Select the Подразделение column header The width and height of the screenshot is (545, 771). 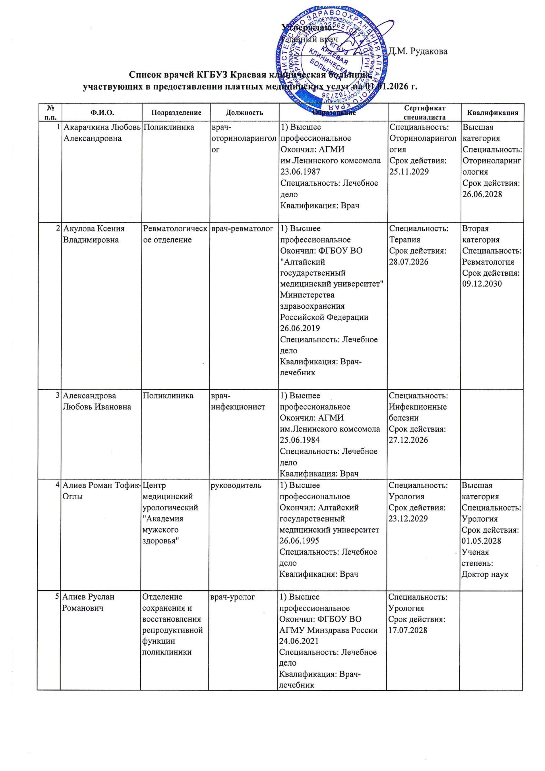click(x=176, y=113)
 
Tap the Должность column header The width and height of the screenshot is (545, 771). click(x=244, y=113)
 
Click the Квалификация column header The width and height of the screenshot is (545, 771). click(x=492, y=113)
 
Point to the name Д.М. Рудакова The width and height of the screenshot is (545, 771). click(x=418, y=51)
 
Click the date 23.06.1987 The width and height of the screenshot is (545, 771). click(x=300, y=172)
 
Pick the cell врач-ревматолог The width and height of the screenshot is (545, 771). click(x=242, y=229)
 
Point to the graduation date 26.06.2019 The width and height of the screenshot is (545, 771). click(x=300, y=328)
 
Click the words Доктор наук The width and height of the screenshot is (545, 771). click(x=485, y=574)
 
